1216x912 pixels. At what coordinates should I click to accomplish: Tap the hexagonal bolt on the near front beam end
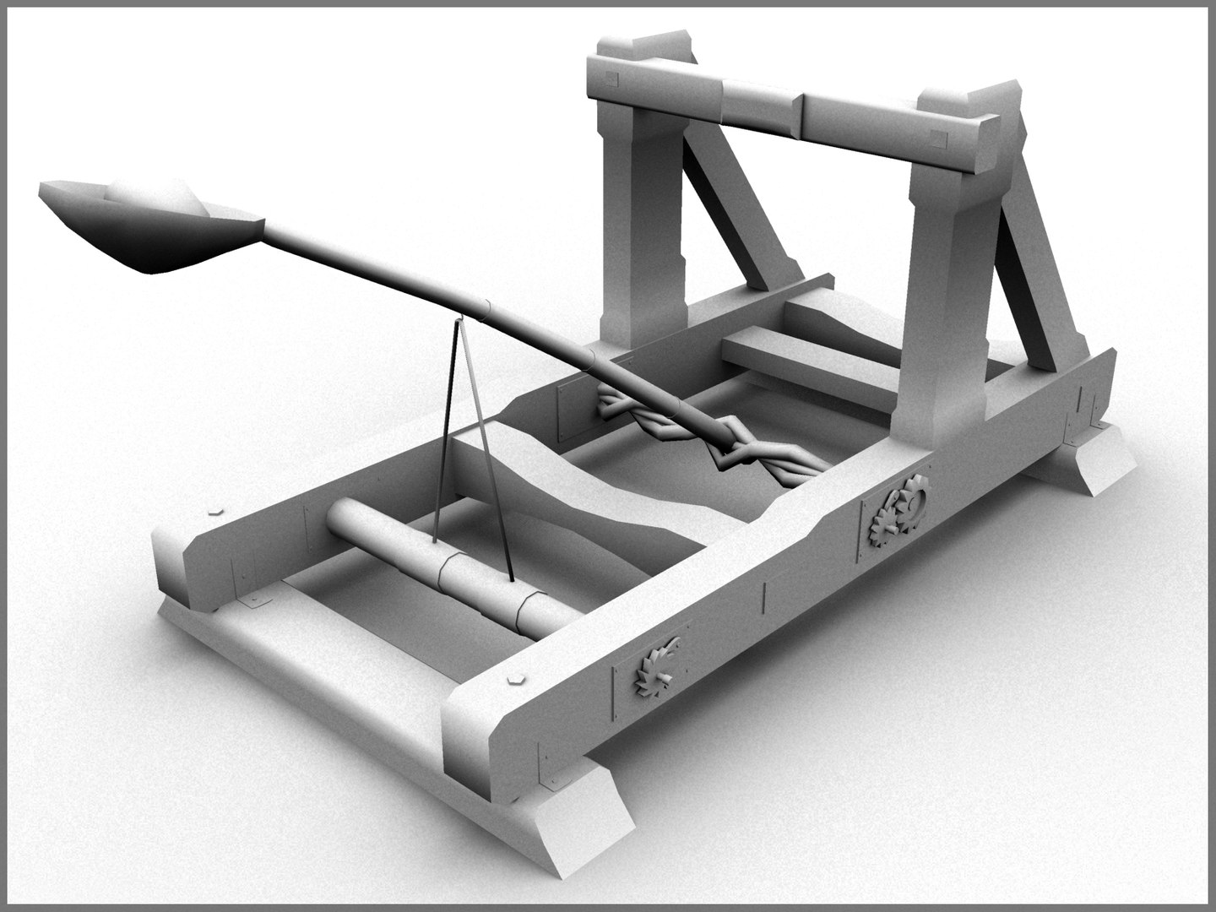(514, 676)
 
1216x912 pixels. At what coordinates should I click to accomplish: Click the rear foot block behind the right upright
(1098, 460)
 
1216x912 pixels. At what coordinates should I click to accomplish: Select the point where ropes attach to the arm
(460, 318)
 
